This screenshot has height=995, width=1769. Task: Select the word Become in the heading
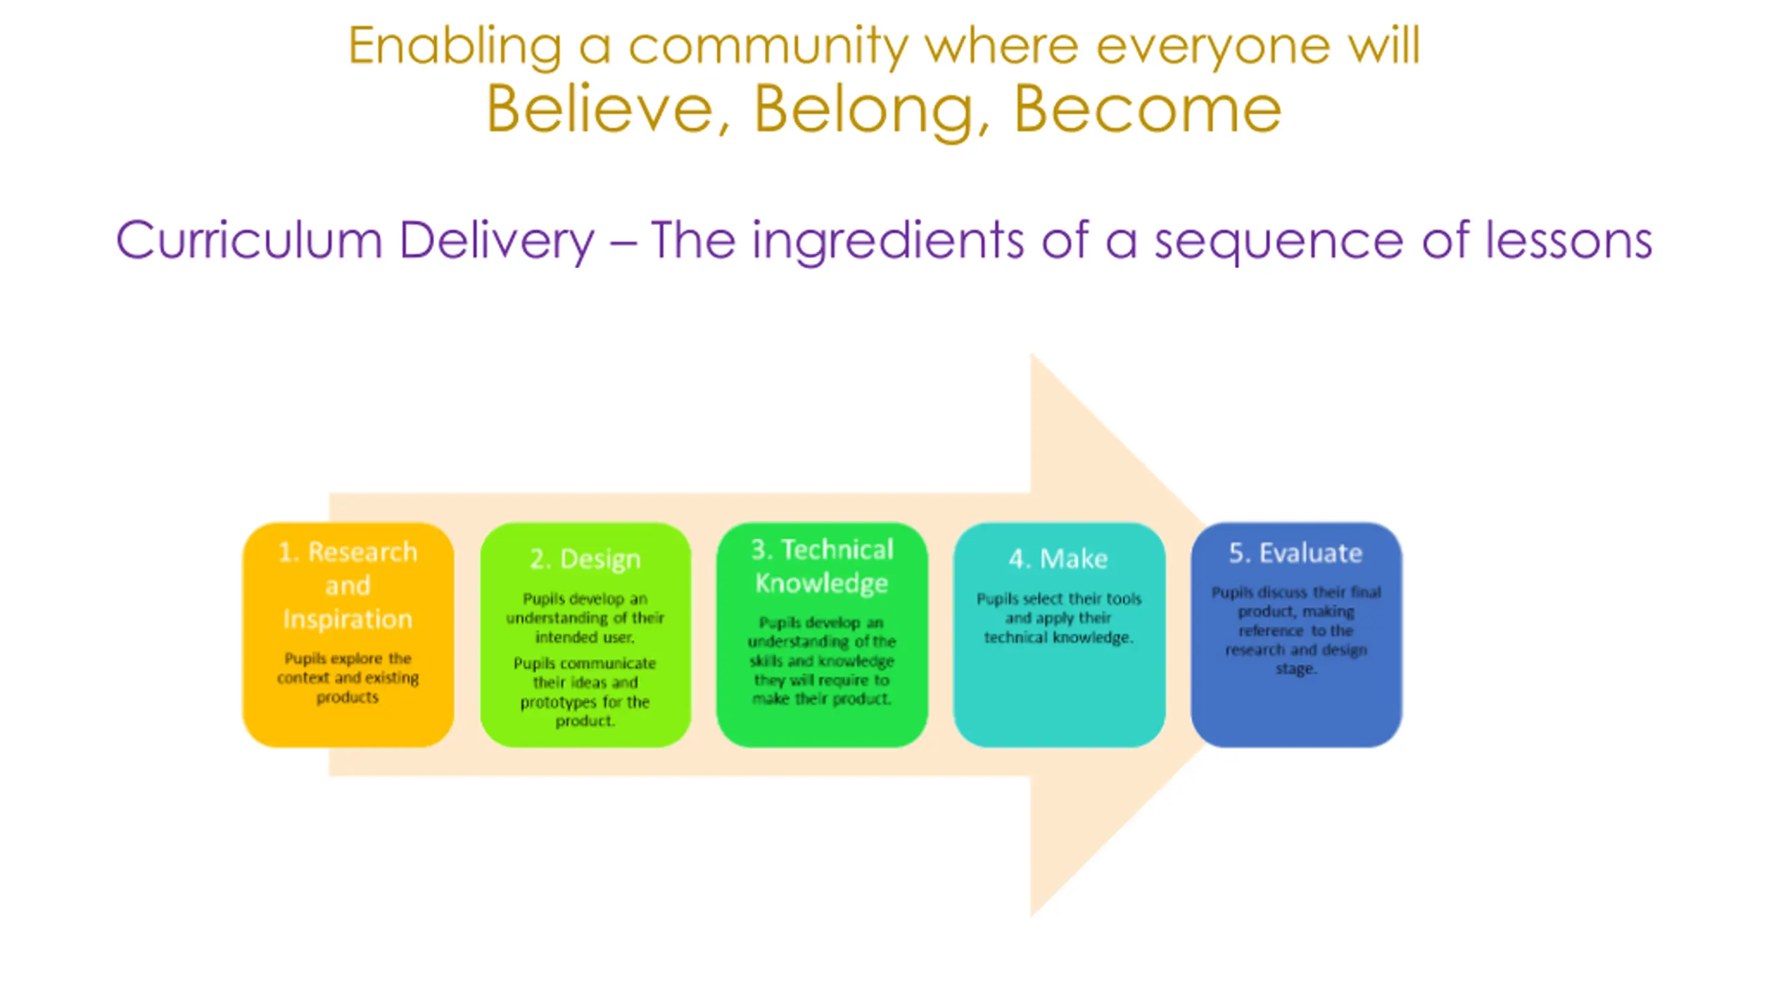[1147, 109]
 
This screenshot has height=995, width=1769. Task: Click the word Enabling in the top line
[454, 46]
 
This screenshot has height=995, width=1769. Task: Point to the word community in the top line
[767, 46]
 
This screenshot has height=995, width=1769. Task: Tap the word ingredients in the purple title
[888, 240]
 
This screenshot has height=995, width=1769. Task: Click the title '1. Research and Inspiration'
[348, 585]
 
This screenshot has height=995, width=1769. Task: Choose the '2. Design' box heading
[585, 558]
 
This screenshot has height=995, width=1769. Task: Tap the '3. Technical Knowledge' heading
[822, 566]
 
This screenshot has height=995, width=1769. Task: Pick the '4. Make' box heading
[1058, 558]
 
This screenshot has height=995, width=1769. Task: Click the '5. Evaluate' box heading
[1296, 553]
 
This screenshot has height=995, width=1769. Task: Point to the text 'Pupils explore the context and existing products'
[348, 677]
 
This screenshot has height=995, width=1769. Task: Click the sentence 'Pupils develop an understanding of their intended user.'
[585, 618]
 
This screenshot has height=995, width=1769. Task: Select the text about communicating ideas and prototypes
[585, 692]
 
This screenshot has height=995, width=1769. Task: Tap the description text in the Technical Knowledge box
[822, 661]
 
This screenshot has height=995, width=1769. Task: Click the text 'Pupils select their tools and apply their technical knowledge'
[1059, 618]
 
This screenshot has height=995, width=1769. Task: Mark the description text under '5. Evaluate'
[1296, 630]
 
